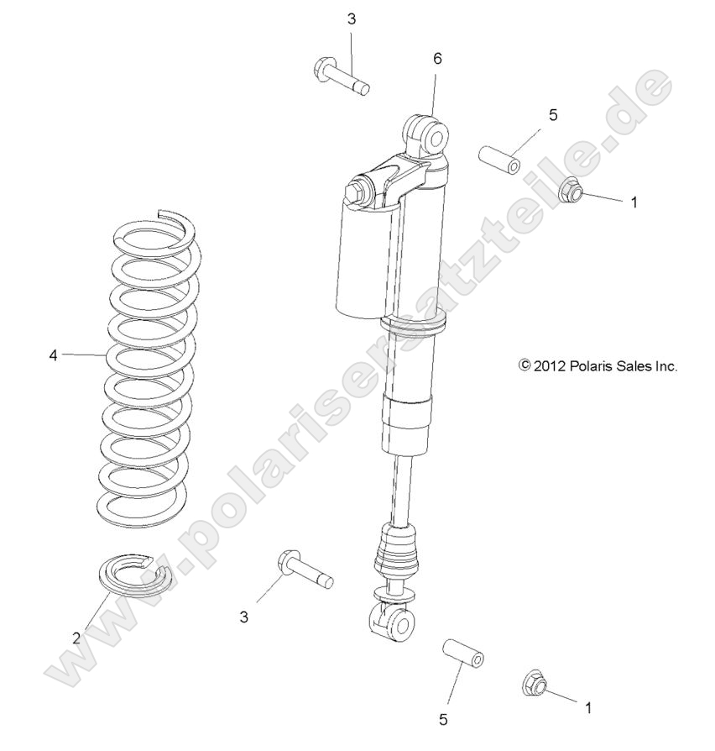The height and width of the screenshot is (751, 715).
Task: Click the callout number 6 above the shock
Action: tap(437, 59)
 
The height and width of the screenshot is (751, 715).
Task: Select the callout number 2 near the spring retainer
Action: tap(76, 638)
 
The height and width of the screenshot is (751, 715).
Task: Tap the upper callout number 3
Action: tap(352, 19)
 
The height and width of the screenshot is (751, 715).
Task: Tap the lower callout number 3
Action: tap(244, 617)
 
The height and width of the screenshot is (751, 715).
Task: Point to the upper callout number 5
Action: tap(553, 115)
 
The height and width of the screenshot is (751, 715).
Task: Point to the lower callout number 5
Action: tap(444, 718)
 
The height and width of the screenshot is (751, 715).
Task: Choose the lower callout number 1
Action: tap(588, 707)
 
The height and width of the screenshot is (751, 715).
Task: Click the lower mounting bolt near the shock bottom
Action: tap(303, 569)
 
